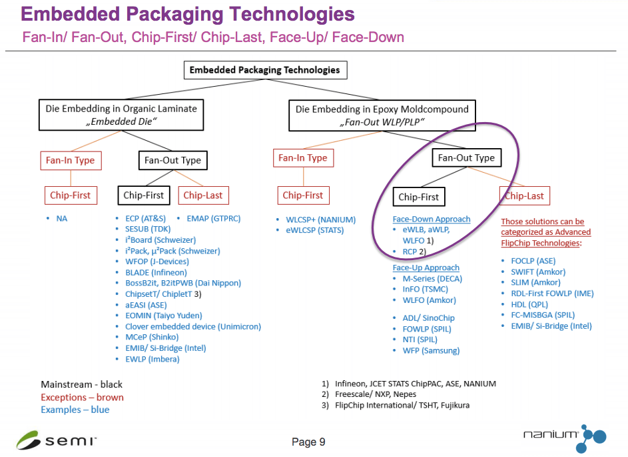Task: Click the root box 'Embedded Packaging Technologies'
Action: tap(264, 70)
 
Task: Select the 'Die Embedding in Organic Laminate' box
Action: tap(121, 115)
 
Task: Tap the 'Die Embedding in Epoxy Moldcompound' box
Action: tap(382, 115)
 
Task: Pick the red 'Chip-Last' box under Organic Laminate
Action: tap(202, 195)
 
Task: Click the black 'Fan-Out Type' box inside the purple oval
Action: tap(466, 158)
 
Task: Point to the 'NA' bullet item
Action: tap(62, 218)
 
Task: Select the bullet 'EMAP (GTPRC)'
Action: tap(213, 218)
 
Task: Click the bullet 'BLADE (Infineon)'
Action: tap(156, 272)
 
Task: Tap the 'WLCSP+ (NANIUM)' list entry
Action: tap(316, 219)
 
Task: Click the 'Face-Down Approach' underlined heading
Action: tap(432, 219)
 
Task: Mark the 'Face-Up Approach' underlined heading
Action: tap(426, 268)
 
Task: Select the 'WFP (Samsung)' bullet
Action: tap(431, 350)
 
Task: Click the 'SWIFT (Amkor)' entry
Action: tap(537, 272)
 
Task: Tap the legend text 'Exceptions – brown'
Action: tap(82, 397)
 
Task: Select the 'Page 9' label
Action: tap(308, 442)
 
